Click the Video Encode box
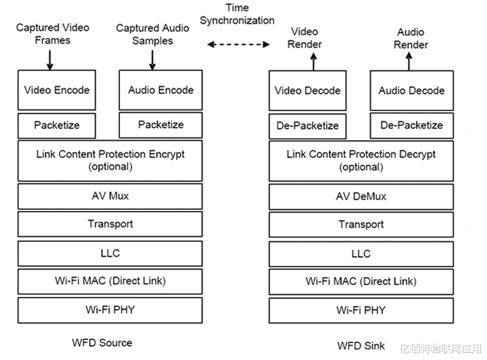(57, 90)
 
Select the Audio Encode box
(161, 90)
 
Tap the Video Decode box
(307, 90)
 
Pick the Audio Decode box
(411, 90)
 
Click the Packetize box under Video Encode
(57, 126)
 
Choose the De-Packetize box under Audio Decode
(411, 126)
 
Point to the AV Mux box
(110, 196)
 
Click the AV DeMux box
(361, 197)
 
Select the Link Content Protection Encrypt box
(110, 161)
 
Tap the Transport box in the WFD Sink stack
(361, 224)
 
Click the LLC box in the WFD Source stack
(110, 253)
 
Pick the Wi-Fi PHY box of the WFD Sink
(361, 310)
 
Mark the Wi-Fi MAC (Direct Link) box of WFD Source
(110, 282)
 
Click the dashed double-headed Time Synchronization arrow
(238, 45)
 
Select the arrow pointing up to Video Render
(313, 62)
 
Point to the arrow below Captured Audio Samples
(152, 60)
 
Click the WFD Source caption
(102, 343)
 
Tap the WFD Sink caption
(361, 346)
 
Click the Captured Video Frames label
(53, 34)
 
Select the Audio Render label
(411, 38)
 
